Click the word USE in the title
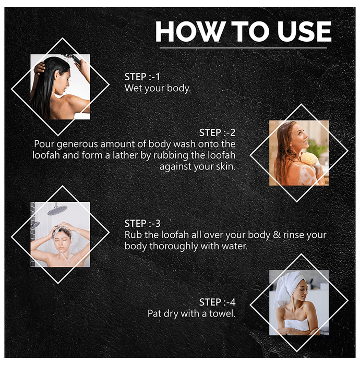pyautogui.click(x=304, y=31)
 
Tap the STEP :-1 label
pyautogui.click(x=142, y=77)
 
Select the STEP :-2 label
pyautogui.click(x=217, y=132)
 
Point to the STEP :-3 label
pyautogui.click(x=142, y=224)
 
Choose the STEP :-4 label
pyautogui.click(x=217, y=302)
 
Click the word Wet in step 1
pyautogui.click(x=131, y=88)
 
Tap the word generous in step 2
pyautogui.click(x=77, y=144)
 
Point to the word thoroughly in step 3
pyautogui.click(x=174, y=247)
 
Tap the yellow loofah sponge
pyautogui.click(x=309, y=159)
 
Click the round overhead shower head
pyautogui.click(x=57, y=210)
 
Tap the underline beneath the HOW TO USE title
pyautogui.click(x=243, y=48)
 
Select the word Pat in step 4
pyautogui.click(x=154, y=313)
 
